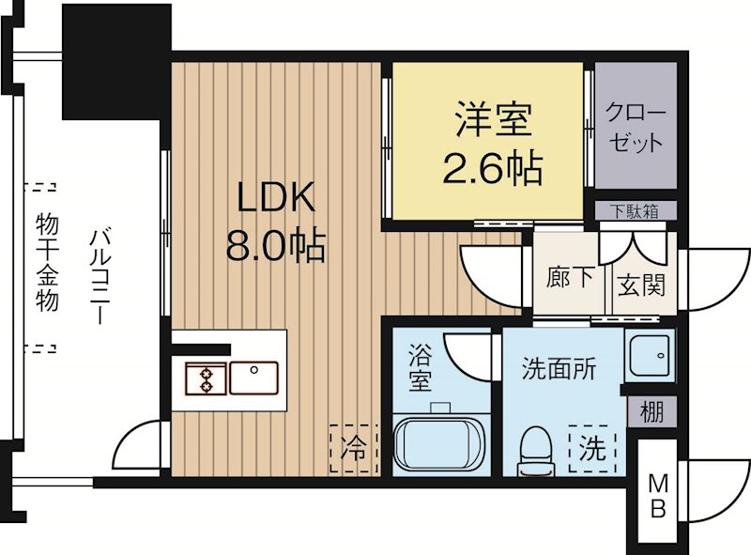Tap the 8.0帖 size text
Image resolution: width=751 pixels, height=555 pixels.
274,246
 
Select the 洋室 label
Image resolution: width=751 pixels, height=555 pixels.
494,120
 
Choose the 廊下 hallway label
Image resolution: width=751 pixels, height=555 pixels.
569,280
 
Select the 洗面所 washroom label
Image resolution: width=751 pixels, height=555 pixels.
559,369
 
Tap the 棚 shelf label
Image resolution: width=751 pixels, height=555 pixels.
651,411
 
